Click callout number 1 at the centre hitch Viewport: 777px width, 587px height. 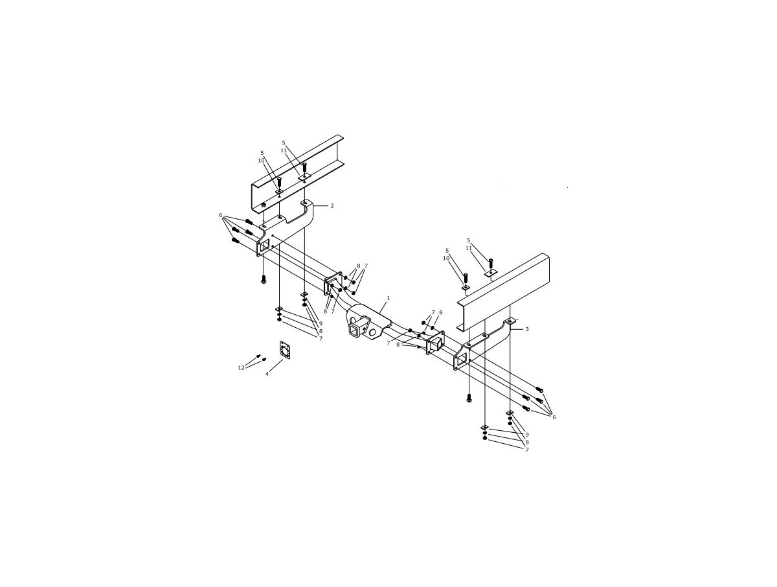coord(388,298)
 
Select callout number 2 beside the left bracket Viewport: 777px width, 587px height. coord(332,205)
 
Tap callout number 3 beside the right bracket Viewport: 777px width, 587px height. coord(527,329)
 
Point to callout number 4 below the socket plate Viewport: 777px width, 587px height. coord(267,374)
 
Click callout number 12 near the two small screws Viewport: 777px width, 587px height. coord(241,368)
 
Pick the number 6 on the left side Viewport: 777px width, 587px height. coord(221,215)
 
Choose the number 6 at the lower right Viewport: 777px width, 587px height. coord(554,417)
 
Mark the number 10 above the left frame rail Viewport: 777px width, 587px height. coord(261,161)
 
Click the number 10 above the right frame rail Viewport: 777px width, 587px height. coord(446,258)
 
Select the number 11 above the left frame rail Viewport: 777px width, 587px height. coord(284,150)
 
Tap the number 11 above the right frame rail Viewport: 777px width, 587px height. coord(469,248)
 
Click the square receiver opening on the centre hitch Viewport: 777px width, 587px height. coord(354,331)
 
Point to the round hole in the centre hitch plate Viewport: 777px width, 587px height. coord(373,332)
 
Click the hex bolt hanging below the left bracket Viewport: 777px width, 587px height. coord(263,279)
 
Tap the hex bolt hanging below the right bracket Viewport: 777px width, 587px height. coord(469,398)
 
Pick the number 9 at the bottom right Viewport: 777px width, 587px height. coord(527,435)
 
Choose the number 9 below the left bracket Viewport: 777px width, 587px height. coord(321,323)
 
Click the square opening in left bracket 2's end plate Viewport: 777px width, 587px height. coord(264,246)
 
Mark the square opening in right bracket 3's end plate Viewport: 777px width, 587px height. coord(462,361)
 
